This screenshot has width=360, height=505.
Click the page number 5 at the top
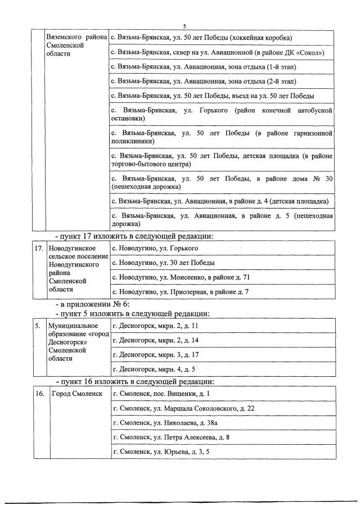tap(184, 26)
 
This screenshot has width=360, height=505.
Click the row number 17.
tap(38, 248)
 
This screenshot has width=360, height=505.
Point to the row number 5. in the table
tap(37, 326)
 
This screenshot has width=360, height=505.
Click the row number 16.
tap(39, 393)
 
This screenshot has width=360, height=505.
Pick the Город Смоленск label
tap(77, 393)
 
